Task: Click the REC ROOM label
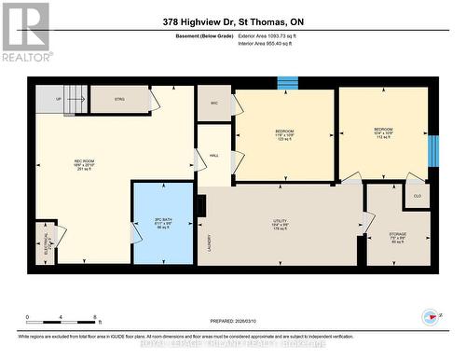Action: pyautogui.click(x=84, y=165)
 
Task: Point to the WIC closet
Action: pyautogui.click(x=213, y=103)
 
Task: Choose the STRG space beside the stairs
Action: pyautogui.click(x=119, y=100)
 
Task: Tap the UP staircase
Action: pyautogui.click(x=62, y=98)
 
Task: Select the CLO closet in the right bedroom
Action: pyautogui.click(x=416, y=195)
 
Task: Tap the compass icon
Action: pyautogui.click(x=431, y=317)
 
